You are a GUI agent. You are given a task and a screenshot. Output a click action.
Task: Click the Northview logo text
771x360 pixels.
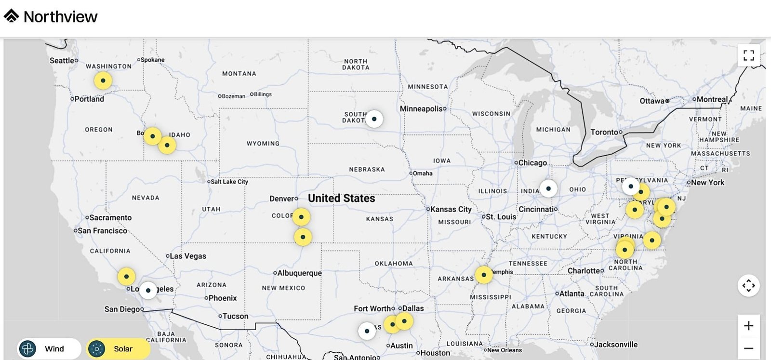[60, 17]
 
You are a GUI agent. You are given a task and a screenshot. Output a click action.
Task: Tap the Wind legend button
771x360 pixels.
[49, 348]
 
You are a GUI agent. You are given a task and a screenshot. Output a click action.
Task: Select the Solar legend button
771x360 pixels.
[118, 348]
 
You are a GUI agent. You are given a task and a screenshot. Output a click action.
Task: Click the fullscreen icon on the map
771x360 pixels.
[748, 55]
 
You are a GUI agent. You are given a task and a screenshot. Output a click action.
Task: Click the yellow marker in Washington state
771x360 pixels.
[103, 80]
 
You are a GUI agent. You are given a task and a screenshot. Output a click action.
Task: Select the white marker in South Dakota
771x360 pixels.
[374, 119]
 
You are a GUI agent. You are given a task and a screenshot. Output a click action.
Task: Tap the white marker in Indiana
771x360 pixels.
[548, 188]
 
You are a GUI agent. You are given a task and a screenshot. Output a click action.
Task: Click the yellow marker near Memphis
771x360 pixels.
[484, 275]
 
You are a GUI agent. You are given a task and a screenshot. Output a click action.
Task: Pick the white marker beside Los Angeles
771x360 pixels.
[148, 290]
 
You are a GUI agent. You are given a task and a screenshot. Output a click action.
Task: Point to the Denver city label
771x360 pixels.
[282, 199]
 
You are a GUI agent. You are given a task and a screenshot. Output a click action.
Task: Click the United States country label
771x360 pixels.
[341, 198]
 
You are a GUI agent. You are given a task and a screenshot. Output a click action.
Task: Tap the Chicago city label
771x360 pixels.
[532, 163]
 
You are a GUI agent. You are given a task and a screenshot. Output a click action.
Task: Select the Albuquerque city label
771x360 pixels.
[299, 273]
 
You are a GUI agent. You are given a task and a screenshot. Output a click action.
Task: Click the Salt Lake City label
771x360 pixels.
[229, 182]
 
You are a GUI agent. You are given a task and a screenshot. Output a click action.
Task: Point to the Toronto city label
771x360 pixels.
[604, 132]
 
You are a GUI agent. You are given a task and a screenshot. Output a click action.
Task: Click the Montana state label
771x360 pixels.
[239, 74]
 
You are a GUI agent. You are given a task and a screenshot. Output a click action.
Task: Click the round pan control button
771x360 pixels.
[748, 286]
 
